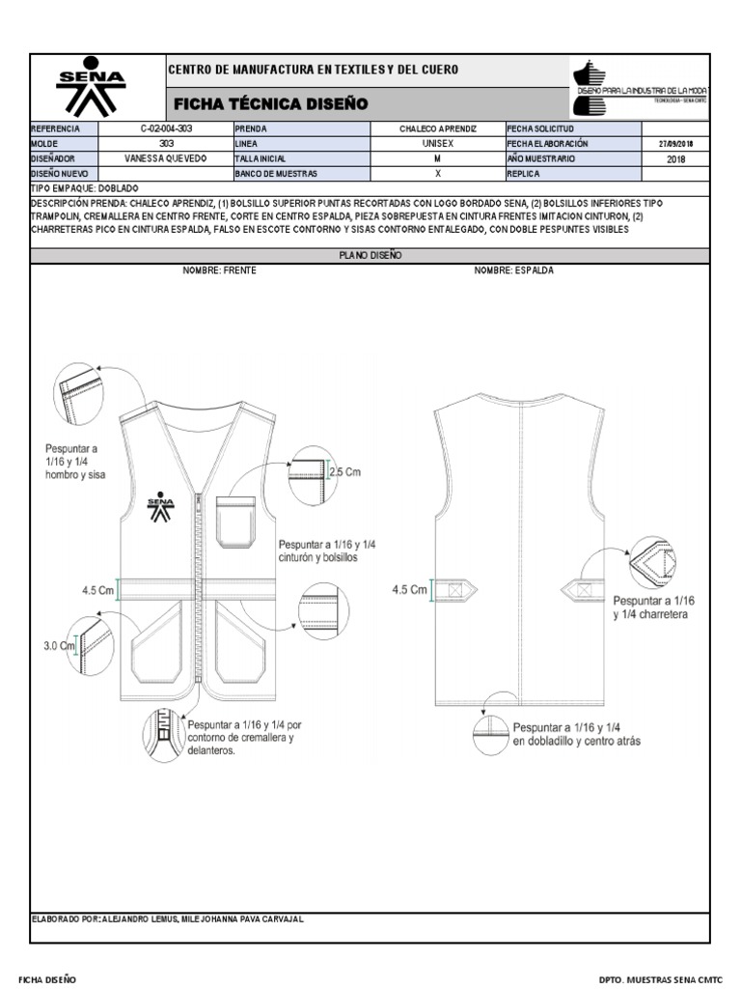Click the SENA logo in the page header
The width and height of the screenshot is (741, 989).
(91, 89)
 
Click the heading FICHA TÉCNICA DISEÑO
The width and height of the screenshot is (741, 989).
(270, 103)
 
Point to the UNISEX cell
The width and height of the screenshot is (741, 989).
(437, 143)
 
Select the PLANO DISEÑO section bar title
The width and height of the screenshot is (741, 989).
(370, 256)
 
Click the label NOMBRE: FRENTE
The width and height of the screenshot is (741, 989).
(220, 271)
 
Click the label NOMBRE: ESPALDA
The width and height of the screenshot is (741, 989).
(513, 271)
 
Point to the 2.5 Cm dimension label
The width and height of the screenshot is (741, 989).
(344, 472)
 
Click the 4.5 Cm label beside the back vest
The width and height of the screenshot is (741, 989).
(409, 589)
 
